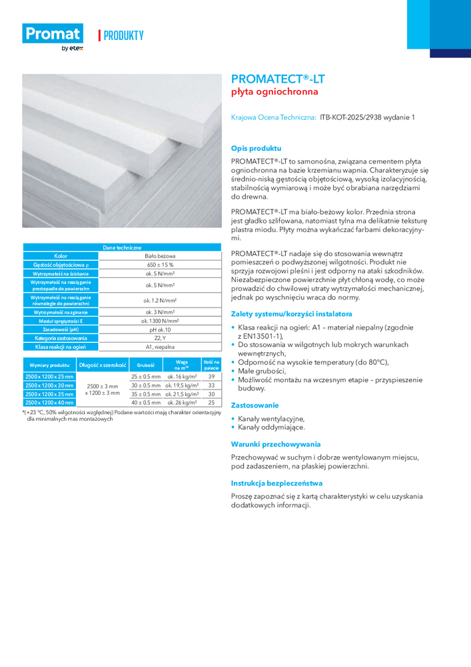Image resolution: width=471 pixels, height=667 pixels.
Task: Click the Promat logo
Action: coord(53,35)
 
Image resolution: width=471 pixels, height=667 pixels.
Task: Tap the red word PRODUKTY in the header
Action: coord(123,35)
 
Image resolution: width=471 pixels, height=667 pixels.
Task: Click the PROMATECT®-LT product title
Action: coord(278,79)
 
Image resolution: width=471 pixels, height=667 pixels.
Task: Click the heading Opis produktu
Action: coord(256,148)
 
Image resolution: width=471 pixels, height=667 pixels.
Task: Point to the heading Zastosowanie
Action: coord(254,405)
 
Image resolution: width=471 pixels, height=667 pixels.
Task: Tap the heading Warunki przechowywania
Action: coord(275,444)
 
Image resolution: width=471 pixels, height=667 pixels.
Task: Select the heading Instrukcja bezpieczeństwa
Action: coord(276,482)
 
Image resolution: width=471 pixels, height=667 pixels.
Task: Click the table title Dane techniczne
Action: coord(122,247)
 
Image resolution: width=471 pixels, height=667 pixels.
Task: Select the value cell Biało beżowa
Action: coord(160,255)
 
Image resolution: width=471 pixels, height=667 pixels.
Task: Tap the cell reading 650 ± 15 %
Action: coord(160,265)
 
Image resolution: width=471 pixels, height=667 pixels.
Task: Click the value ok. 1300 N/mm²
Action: coord(160,321)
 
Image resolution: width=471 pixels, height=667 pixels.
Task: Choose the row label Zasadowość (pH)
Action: coord(61,329)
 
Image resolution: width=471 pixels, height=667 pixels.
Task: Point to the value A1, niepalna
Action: coord(160,347)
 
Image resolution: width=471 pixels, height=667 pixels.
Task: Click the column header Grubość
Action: coord(146,366)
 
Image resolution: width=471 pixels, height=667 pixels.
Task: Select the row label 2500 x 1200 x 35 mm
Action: coord(49,394)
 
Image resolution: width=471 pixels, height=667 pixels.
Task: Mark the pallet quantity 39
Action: coord(211,377)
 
